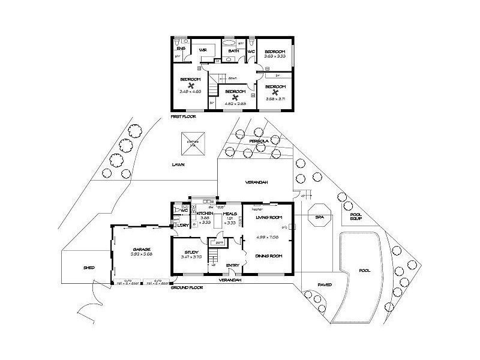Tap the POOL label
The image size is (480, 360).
(364, 271)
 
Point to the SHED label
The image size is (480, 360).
(89, 269)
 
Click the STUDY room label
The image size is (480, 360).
(191, 252)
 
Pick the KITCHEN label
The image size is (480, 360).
(205, 214)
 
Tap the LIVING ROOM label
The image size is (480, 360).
(268, 217)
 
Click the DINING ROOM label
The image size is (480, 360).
(268, 256)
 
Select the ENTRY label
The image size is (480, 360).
(232, 265)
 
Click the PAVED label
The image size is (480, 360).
(325, 285)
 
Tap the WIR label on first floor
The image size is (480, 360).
(203, 51)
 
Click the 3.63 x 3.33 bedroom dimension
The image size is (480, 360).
(274, 56)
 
